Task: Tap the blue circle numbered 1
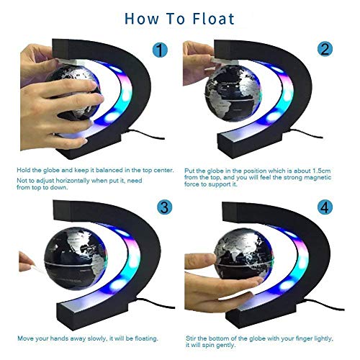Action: (161, 51)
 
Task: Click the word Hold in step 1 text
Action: (24, 170)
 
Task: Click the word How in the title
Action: (144, 17)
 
